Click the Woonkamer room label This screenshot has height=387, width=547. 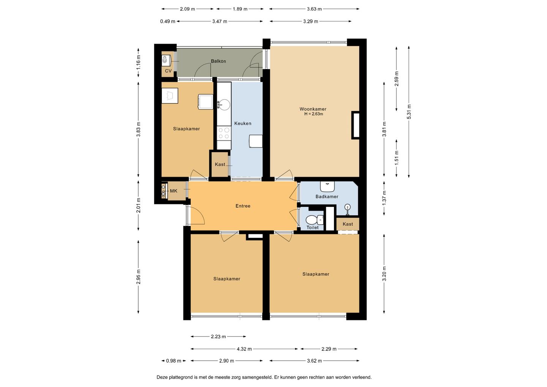point(313,109)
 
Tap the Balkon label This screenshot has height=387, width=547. point(218,61)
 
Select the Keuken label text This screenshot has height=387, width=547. point(243,124)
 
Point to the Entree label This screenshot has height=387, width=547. point(243,206)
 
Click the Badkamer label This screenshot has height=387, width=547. point(327,197)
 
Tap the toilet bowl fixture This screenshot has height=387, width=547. point(315,220)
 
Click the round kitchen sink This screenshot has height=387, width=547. point(224,105)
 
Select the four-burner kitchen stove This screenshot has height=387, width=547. point(224,133)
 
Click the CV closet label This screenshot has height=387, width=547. point(168,71)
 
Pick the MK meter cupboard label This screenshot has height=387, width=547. point(174,191)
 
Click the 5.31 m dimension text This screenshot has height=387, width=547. point(409,112)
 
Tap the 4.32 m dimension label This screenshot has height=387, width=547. point(244,349)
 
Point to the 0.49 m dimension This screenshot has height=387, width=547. point(168,21)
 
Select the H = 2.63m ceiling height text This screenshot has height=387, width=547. point(313,114)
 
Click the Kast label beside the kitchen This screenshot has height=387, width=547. point(220,165)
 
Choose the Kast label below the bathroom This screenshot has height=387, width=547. point(348,224)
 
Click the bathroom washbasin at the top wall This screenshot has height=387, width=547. point(327,187)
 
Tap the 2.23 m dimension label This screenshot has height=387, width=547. point(218,336)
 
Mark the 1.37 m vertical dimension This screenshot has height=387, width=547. point(384,198)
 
